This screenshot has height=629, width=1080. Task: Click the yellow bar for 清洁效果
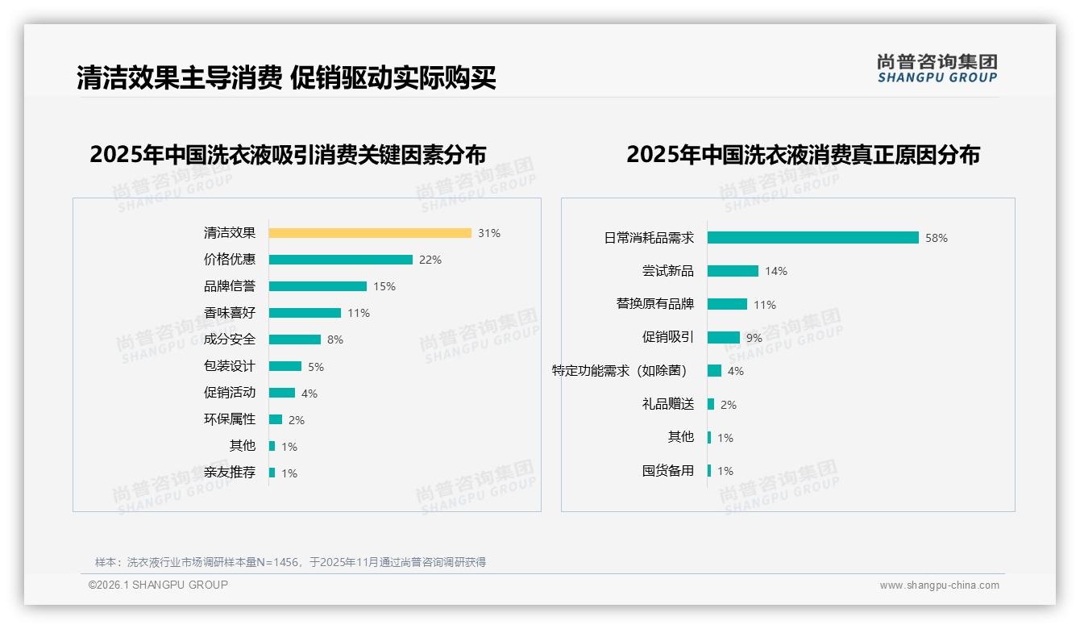(370, 233)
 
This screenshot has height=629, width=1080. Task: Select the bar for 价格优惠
(340, 260)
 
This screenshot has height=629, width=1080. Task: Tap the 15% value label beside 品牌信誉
(384, 286)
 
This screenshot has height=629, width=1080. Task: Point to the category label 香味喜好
(230, 313)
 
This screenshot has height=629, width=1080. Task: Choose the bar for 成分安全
(294, 339)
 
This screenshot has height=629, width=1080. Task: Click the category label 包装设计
(230, 366)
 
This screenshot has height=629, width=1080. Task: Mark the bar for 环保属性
(275, 419)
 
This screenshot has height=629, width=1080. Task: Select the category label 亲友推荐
(230, 473)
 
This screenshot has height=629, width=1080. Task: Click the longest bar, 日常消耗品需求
(812, 238)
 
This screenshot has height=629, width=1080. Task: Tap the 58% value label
(937, 238)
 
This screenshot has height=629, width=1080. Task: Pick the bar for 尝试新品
(733, 271)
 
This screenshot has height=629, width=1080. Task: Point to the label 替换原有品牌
(654, 304)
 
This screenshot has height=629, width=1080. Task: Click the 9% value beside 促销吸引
(754, 338)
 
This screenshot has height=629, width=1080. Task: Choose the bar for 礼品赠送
(711, 404)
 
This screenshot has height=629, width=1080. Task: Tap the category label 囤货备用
(667, 471)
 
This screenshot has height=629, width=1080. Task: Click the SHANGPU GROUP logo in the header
(937, 69)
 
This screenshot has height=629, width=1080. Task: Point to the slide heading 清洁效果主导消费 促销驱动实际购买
(286, 78)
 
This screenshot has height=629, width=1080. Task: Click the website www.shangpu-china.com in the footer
(939, 585)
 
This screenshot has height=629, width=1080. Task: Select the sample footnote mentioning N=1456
(290, 562)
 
